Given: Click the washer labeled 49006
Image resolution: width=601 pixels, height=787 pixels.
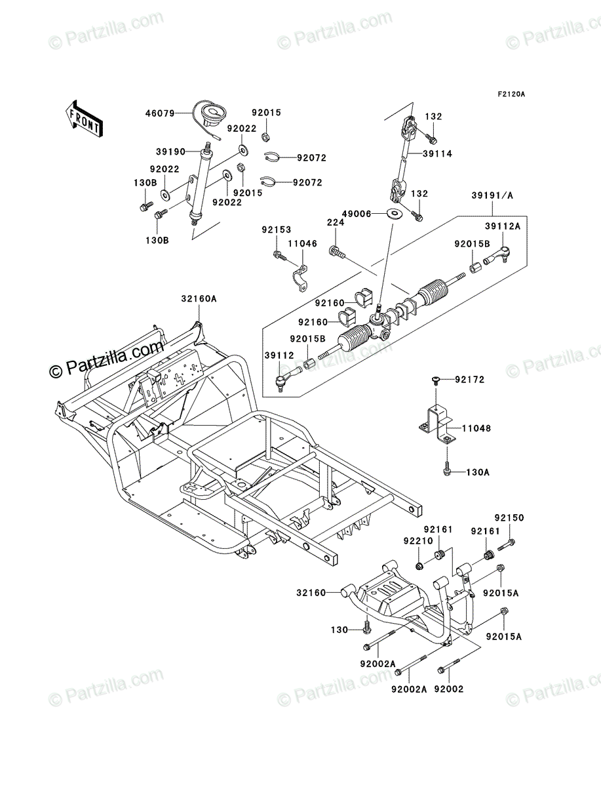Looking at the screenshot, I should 395,213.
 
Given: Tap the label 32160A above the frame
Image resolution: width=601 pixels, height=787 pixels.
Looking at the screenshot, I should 199,298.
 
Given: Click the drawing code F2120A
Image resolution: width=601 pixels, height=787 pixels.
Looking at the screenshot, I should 511,94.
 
